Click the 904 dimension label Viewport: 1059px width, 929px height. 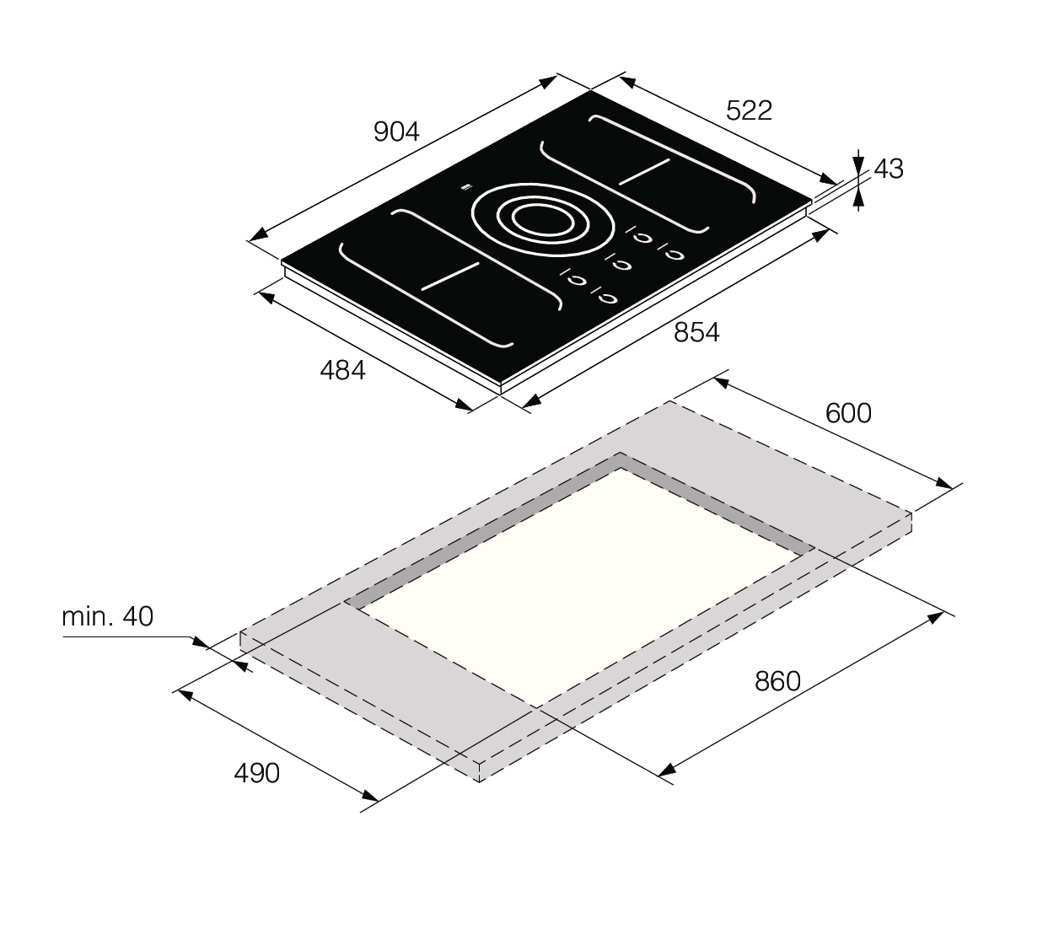396,132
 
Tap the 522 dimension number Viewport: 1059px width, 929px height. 749,110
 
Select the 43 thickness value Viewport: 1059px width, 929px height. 889,169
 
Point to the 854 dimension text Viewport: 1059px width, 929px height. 696,332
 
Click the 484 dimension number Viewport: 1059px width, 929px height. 343,371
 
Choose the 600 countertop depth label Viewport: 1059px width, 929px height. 848,413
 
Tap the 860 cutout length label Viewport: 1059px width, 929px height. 777,682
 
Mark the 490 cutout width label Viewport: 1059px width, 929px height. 256,773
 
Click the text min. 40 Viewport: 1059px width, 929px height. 107,617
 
